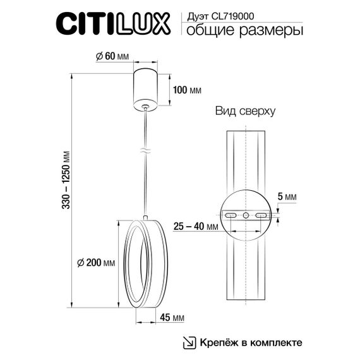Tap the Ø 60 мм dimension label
pos(112,57)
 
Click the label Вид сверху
pos(244,112)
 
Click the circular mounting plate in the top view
pos(246,216)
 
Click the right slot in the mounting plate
pos(261,216)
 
